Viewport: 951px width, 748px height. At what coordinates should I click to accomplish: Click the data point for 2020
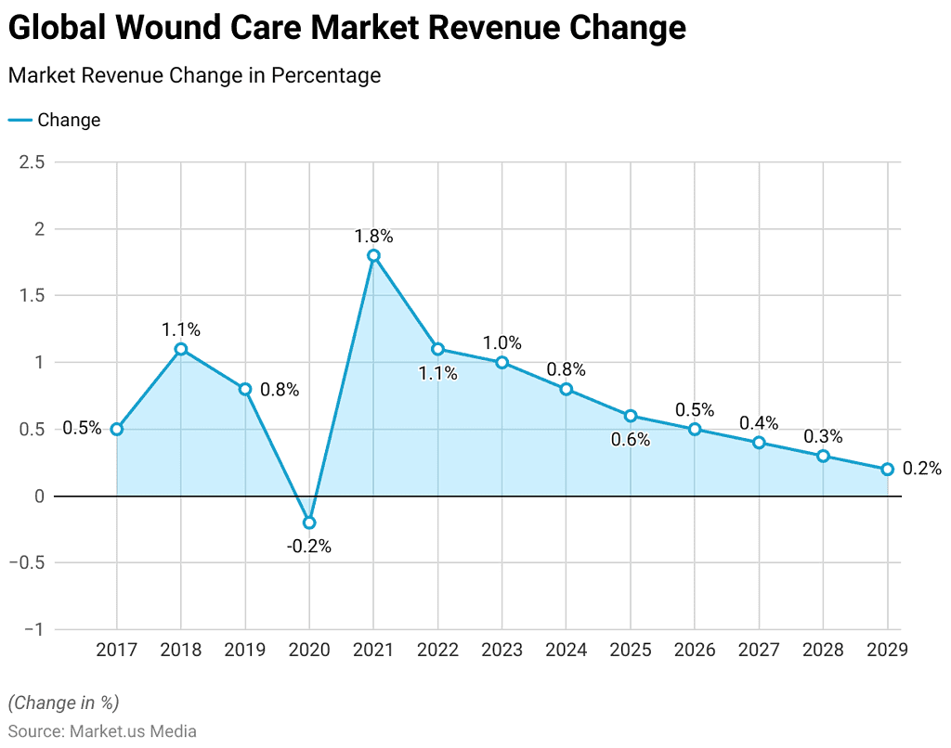[x=309, y=522]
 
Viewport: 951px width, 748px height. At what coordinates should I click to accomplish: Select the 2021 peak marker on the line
[x=373, y=256]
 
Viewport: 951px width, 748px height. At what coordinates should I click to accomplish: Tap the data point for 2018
[x=181, y=349]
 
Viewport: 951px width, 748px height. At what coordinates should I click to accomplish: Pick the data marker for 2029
[x=887, y=470]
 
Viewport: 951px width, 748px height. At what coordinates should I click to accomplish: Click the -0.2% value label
[x=309, y=547]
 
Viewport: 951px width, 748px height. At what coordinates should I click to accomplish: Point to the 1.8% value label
[x=373, y=236]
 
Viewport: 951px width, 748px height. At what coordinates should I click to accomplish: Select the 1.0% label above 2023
[x=502, y=343]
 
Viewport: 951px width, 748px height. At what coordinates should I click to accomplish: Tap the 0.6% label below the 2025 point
[x=631, y=440]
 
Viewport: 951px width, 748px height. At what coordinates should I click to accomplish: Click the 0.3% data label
[x=823, y=436]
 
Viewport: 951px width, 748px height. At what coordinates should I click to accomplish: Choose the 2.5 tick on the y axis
[x=33, y=161]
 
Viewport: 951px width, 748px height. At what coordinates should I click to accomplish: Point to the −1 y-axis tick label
[x=34, y=629]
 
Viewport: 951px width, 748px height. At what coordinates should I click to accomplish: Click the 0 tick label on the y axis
[x=40, y=496]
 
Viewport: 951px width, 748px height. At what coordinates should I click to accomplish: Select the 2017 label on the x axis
[x=116, y=650]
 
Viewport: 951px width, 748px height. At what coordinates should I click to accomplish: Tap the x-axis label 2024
[x=566, y=650]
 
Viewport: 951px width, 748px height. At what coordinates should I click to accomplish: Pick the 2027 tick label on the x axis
[x=759, y=650]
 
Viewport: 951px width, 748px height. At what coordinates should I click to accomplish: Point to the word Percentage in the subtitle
[x=326, y=76]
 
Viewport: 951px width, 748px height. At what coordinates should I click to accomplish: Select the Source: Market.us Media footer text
[x=102, y=731]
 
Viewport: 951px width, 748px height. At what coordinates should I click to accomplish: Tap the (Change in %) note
[x=64, y=703]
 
